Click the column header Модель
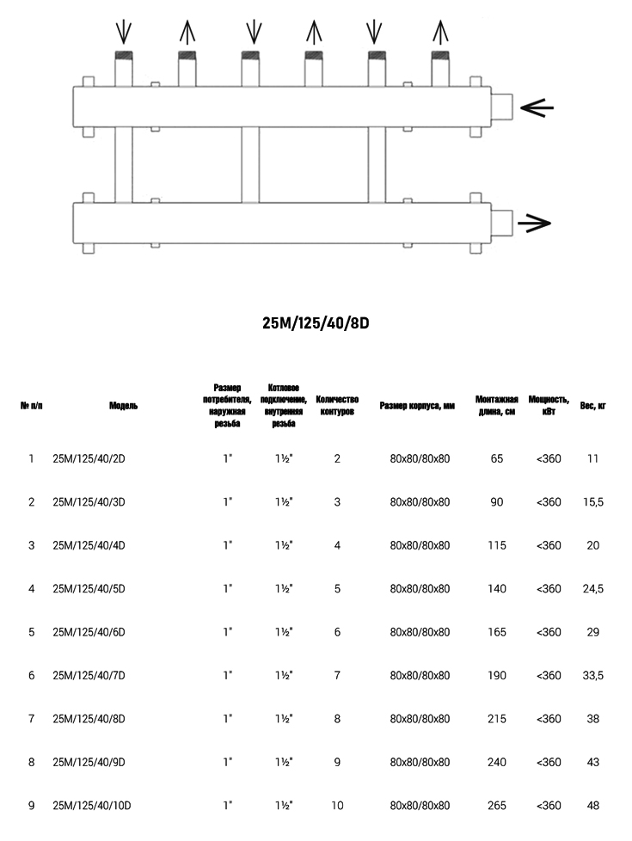pos(123,406)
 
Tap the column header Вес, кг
pos(592,406)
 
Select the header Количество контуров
pos(336,405)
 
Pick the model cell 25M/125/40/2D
pos(89,458)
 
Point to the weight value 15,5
pos(592,502)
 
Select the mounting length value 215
pos(497,719)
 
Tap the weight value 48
pos(592,806)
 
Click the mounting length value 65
pos(497,458)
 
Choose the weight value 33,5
pos(592,676)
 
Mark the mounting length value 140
pos(497,589)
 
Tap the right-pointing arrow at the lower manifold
pos(534,224)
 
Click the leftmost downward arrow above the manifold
pos(125,33)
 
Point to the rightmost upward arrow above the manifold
pos(440,33)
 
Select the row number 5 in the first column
pos(32,632)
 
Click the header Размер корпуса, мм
pos(417,406)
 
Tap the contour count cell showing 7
pos(337,676)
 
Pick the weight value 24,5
pos(592,589)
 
